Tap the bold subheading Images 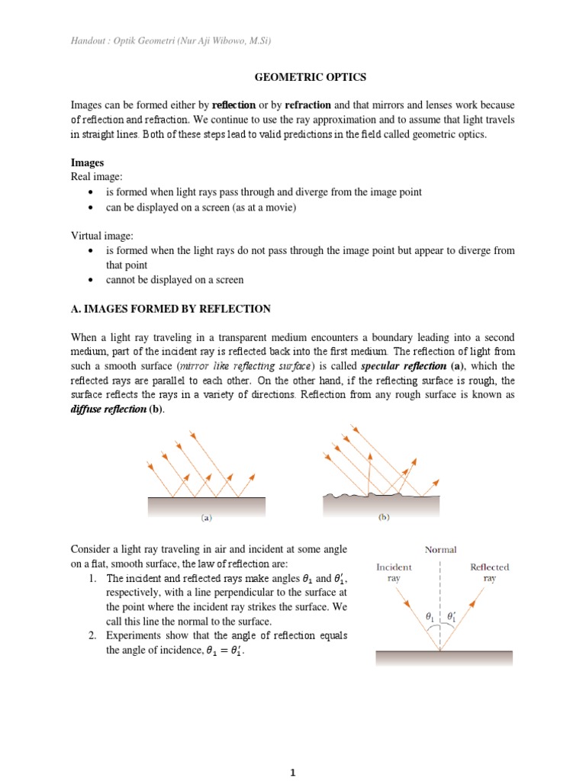88,163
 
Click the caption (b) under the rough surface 384,517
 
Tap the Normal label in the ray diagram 441,549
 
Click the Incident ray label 394,573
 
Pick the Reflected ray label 489,573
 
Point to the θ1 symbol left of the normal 430,615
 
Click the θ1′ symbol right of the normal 452,615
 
